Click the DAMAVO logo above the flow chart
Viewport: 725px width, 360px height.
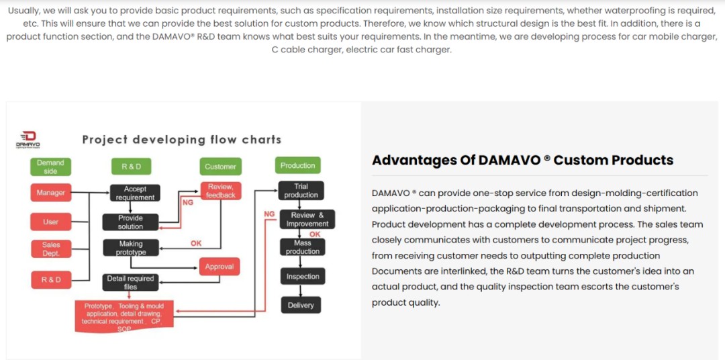(x=28, y=139)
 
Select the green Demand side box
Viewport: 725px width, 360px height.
(x=50, y=167)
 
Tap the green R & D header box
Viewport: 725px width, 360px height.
(x=131, y=167)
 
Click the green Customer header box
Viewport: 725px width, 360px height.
(x=220, y=167)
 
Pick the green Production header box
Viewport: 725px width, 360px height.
(x=297, y=165)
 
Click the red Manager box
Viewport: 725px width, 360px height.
(x=50, y=193)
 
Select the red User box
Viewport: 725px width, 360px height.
(x=50, y=222)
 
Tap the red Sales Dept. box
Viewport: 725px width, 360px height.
(x=50, y=249)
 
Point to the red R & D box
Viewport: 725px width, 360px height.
(x=50, y=279)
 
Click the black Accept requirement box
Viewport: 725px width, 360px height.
(x=135, y=193)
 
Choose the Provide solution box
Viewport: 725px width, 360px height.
(x=130, y=222)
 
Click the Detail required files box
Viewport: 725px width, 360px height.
(x=130, y=282)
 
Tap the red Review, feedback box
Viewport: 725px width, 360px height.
(x=220, y=191)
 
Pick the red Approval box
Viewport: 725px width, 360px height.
(x=220, y=267)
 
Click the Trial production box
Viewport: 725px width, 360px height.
(x=301, y=191)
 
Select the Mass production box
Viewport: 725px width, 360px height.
(x=302, y=247)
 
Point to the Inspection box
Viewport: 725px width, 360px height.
(x=302, y=276)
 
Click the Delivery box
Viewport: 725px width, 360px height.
(x=301, y=305)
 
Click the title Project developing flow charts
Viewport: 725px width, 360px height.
(x=181, y=140)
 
